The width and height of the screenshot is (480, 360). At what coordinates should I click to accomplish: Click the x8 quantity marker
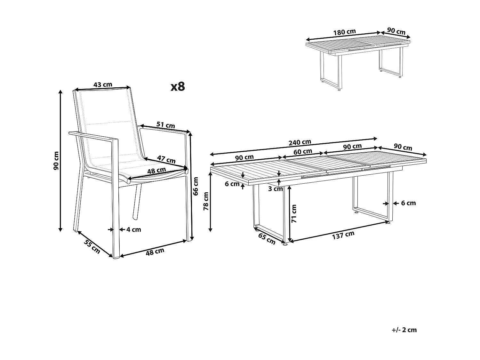coord(178,86)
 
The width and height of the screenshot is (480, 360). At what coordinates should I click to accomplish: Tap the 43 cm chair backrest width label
coord(103,84)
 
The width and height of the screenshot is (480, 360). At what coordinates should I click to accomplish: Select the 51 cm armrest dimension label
coord(166,125)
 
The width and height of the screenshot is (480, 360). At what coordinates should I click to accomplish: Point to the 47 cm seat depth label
coord(166,159)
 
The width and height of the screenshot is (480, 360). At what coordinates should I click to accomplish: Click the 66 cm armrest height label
coord(196,186)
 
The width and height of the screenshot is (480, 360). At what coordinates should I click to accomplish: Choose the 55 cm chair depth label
coord(92,246)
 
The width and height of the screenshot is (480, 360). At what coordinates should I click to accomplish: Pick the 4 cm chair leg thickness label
coord(134,229)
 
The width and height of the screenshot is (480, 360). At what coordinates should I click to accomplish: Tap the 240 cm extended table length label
coord(300,142)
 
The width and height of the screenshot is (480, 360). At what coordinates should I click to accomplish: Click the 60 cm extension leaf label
coord(303,151)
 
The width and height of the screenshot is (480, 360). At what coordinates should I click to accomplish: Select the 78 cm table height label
coord(206,201)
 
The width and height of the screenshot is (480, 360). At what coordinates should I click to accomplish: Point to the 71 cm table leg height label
coord(294,213)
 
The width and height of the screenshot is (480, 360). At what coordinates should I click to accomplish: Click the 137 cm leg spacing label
coord(343,235)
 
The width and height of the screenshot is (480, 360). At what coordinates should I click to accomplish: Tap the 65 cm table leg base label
coord(267,239)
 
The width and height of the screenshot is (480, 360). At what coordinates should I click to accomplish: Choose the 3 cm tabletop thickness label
coord(275,189)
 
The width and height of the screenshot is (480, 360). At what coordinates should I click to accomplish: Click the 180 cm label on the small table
coord(344,32)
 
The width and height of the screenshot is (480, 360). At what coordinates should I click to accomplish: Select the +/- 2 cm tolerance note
coord(404,330)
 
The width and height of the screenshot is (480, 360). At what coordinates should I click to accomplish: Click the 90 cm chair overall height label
coord(56,161)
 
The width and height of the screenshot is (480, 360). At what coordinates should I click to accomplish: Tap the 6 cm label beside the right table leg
coord(408,203)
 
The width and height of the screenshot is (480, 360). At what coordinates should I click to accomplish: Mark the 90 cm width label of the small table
coord(396,31)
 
